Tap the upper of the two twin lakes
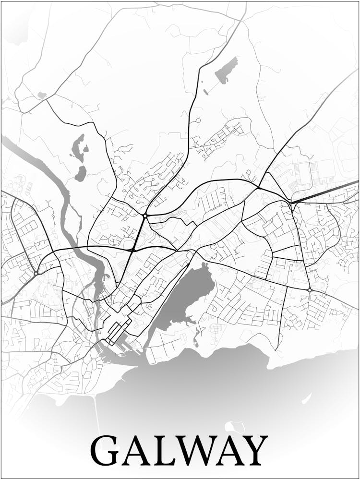[78, 146]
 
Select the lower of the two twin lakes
[81, 173]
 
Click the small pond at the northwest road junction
[42, 96]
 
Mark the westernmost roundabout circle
[36, 273]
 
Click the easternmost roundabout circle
[310, 290]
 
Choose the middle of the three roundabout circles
[144, 216]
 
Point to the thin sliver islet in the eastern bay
[306, 398]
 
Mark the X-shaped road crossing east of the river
[132, 250]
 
